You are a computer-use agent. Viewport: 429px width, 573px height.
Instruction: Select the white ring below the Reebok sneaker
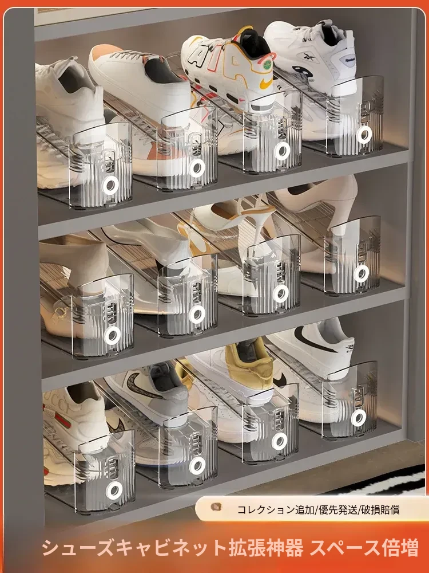point(364,135)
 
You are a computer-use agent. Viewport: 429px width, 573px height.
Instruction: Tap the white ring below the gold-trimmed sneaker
point(279,441)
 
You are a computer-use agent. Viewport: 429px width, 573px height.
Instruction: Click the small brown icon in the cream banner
point(216,507)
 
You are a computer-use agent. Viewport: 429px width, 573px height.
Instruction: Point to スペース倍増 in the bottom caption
point(364,548)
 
